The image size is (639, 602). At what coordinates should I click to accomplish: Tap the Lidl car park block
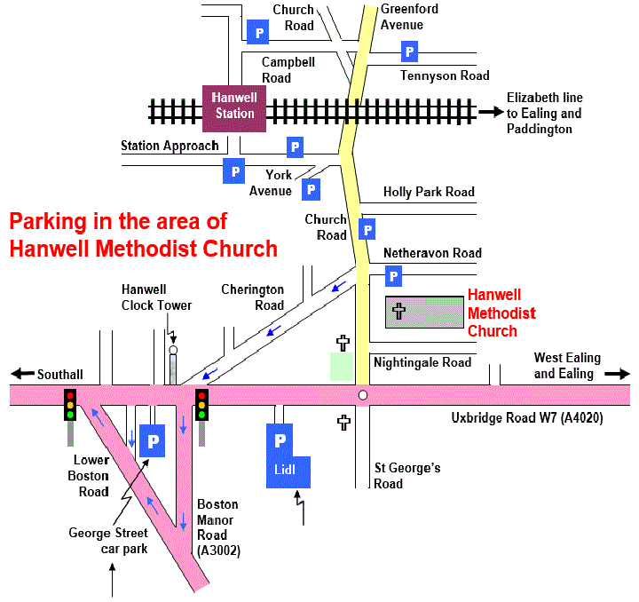[x=289, y=455]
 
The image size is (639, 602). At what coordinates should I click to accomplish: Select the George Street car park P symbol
[x=153, y=440]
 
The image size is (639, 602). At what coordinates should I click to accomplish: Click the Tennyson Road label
[x=445, y=75]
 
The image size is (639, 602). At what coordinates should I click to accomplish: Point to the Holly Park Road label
[x=429, y=192]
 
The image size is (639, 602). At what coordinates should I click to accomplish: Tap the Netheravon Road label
[x=432, y=253]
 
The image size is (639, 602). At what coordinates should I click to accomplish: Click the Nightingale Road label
[x=422, y=362]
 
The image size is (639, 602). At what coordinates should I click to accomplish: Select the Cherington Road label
[x=253, y=297]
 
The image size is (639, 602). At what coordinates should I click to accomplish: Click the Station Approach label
[x=170, y=146]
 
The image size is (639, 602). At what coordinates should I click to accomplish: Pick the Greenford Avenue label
[x=409, y=17]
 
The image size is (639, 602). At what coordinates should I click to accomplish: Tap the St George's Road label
[x=407, y=476]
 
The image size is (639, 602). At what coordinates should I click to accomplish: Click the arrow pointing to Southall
[x=21, y=375]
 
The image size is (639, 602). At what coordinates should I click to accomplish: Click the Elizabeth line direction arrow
[x=489, y=112]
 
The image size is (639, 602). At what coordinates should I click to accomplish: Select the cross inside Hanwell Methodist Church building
[x=399, y=313]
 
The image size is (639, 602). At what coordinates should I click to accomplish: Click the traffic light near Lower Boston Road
[x=69, y=405]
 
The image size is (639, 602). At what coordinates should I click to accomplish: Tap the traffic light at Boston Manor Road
[x=202, y=405]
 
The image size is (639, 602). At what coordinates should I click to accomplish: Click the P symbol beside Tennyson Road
[x=409, y=51]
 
